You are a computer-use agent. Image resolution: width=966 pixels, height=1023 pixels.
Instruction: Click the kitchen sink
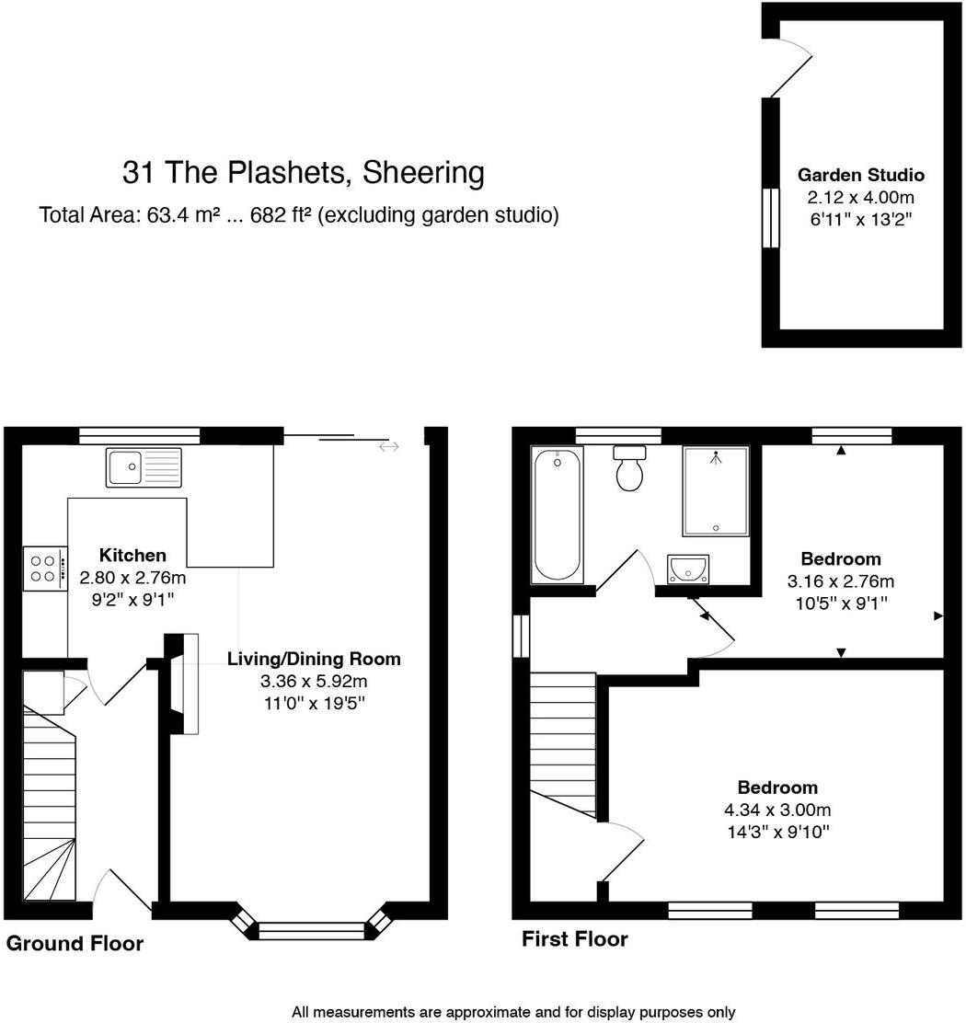pos(144,466)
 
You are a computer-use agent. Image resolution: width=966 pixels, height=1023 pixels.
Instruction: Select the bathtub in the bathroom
pos(557,514)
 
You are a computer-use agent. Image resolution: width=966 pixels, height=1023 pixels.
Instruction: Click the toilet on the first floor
pos(630,469)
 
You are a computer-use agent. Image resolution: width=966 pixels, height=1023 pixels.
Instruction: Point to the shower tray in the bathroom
pos(715,490)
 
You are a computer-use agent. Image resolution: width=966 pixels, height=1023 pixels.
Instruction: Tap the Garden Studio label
pos(860,175)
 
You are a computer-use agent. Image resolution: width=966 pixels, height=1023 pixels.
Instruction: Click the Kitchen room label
pos(132,556)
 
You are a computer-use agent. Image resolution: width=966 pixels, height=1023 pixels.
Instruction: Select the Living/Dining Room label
pos(314,659)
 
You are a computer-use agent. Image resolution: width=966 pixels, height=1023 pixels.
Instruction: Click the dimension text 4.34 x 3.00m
pos(777,810)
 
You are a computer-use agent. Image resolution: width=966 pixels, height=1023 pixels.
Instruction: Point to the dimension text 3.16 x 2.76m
pos(841,581)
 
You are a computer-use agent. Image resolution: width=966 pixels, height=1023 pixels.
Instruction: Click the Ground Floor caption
pos(75,944)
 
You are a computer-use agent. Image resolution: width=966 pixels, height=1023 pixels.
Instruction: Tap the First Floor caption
pos(574,939)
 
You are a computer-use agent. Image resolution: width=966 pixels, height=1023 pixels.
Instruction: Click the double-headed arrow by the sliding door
pos(389,447)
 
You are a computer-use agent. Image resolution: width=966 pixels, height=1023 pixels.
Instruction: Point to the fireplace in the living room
pos(184,684)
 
